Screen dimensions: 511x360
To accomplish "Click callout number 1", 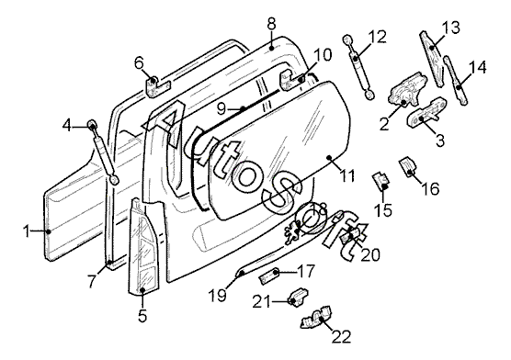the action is [x=27, y=232].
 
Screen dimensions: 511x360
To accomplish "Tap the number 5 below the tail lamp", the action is [x=142, y=315].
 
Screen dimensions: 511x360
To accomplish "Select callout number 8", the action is [x=271, y=24].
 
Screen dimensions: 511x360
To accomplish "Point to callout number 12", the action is [x=378, y=37].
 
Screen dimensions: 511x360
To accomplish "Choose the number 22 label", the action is [x=342, y=336].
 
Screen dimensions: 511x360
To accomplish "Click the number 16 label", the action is [x=430, y=188].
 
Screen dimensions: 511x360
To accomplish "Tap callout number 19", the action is [x=218, y=296].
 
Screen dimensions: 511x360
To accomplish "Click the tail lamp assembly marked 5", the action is [x=142, y=247].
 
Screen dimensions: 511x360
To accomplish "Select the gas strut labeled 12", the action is [x=358, y=67].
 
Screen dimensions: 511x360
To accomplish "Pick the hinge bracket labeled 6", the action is [x=157, y=86].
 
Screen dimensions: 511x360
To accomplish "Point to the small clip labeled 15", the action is [x=381, y=181].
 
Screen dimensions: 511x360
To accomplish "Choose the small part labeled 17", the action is [x=269, y=276].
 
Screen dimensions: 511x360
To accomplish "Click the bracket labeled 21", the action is [x=298, y=298].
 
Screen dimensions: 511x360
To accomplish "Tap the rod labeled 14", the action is [x=456, y=80].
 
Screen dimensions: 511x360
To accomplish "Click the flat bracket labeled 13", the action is [x=432, y=59].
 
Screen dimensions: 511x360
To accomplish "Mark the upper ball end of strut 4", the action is [x=92, y=125].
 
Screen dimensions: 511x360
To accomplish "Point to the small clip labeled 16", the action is [x=408, y=167].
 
